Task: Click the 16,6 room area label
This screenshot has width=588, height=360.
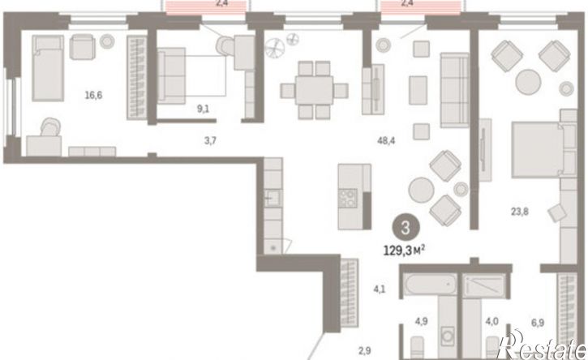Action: pyautogui.click(x=93, y=95)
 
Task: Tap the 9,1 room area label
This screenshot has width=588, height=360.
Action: pyautogui.click(x=203, y=109)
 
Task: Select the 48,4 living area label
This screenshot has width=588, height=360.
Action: pyautogui.click(x=386, y=141)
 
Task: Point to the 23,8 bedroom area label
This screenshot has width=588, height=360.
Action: pyautogui.click(x=519, y=212)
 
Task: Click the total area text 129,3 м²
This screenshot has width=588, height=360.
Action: pyautogui.click(x=404, y=250)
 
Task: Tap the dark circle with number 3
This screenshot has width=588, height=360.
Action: pyautogui.click(x=406, y=228)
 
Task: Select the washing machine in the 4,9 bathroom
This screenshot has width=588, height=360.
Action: pyautogui.click(x=448, y=336)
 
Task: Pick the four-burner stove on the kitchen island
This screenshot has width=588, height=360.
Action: pyautogui.click(x=348, y=198)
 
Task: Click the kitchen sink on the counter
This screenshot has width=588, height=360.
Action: pyautogui.click(x=273, y=198)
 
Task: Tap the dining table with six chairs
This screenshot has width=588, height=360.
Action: pyautogui.click(x=314, y=90)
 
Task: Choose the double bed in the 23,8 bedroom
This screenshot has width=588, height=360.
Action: pyautogui.click(x=544, y=149)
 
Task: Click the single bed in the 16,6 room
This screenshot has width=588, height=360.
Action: pyautogui.click(x=48, y=68)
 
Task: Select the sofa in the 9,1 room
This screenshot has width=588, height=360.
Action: pyautogui.click(x=171, y=75)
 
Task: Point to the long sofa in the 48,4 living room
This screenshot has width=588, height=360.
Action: pyautogui.click(x=454, y=90)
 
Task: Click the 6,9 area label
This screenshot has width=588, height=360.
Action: pyautogui.click(x=538, y=323)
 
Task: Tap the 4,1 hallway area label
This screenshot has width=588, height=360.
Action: pyautogui.click(x=379, y=289)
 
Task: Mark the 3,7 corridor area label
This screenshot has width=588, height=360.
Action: pyautogui.click(x=210, y=141)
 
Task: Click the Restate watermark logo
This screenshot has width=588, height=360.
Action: pyautogui.click(x=543, y=345)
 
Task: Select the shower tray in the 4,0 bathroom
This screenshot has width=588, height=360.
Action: pyautogui.click(x=483, y=285)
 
